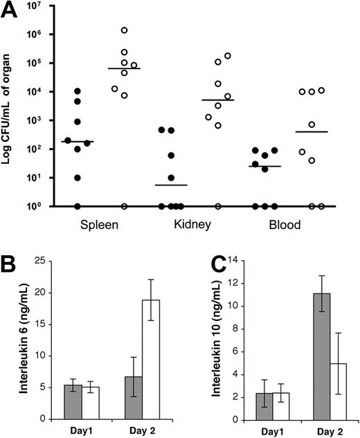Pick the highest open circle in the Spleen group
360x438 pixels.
point(125,30)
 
